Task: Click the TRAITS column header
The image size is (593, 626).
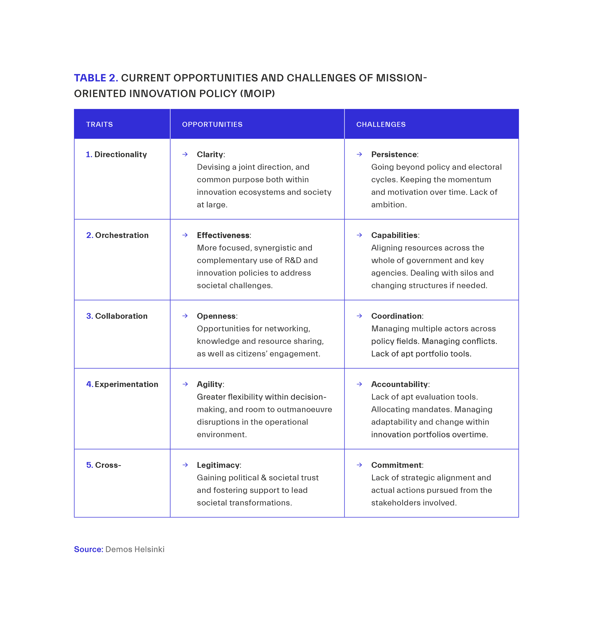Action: [x=99, y=124]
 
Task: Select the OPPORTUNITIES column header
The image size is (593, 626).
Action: [x=212, y=124]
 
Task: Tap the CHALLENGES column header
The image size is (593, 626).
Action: [x=381, y=124]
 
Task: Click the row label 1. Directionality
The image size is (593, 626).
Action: [x=116, y=154]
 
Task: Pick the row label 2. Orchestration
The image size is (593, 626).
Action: [x=117, y=235]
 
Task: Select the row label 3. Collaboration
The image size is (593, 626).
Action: [x=117, y=316]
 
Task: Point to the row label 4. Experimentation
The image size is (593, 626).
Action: [x=122, y=384]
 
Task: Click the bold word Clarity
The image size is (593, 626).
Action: [x=210, y=154]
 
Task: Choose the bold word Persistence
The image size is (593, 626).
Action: [x=394, y=154]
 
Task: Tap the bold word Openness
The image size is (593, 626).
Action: [x=216, y=316]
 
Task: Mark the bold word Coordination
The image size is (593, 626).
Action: [x=396, y=316]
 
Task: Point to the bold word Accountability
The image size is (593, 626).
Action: [x=399, y=384]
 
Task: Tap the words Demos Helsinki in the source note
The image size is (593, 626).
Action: [x=135, y=549]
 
